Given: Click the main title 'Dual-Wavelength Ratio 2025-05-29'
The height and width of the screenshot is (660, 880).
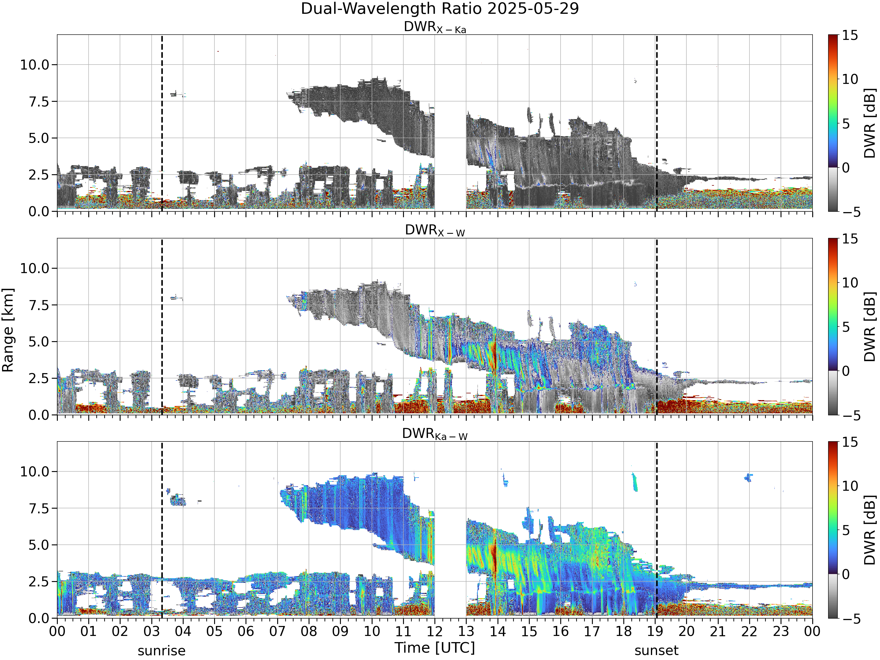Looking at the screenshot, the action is point(440,8).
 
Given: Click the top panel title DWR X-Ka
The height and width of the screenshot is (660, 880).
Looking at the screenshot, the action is point(435,27).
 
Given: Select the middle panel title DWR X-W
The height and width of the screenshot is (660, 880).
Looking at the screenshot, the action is point(435,230).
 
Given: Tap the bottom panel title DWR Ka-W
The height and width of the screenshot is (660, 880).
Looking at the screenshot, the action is point(435,434).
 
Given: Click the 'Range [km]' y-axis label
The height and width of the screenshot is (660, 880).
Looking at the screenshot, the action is point(8,330).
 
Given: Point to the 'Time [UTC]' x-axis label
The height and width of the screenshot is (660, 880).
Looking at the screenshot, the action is point(435,648).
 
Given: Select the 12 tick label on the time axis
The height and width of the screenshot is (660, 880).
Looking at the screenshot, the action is point(434,631).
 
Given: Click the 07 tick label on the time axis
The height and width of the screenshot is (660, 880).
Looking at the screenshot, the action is point(277,631).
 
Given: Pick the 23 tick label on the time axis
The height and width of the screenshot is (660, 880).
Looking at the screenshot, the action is point(781,631).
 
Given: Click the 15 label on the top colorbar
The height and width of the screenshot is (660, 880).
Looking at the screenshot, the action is point(850,35).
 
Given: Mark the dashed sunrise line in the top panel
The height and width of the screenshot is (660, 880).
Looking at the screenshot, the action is point(162,123).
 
